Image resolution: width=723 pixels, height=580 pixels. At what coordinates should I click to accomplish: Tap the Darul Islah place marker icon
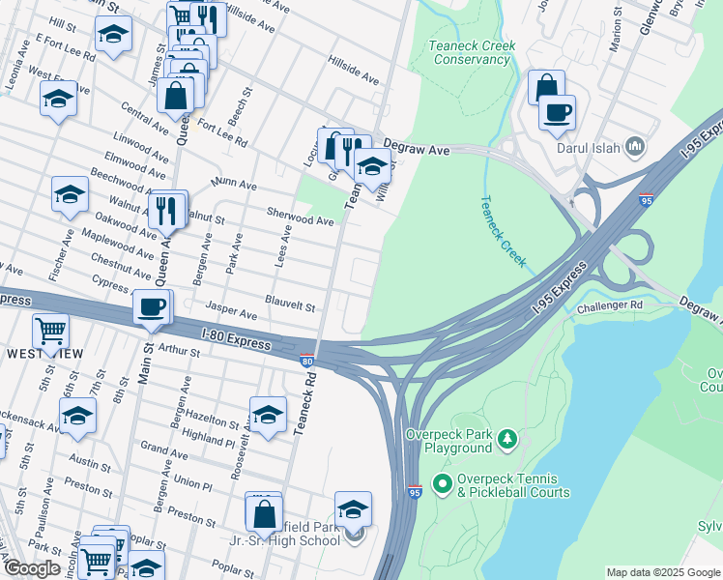635,147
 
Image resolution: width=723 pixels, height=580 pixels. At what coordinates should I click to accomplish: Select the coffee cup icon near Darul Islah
557,112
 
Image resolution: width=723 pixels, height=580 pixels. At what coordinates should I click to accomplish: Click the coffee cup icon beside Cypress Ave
151,307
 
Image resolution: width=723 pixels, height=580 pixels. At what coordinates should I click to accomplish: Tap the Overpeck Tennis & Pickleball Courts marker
443,481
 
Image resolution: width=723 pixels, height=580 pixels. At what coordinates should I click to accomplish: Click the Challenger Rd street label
611,305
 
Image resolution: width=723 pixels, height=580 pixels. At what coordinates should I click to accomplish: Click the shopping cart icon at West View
51,331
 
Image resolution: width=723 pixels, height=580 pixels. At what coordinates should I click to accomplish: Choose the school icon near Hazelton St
268,415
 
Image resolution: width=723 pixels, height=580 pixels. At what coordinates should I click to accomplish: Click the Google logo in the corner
31,568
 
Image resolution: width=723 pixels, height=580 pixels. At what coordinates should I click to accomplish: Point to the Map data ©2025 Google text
662,572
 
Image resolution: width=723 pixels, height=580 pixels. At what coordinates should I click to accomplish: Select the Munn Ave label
235,184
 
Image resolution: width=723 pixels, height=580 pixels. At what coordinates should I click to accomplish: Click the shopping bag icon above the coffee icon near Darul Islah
547,87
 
